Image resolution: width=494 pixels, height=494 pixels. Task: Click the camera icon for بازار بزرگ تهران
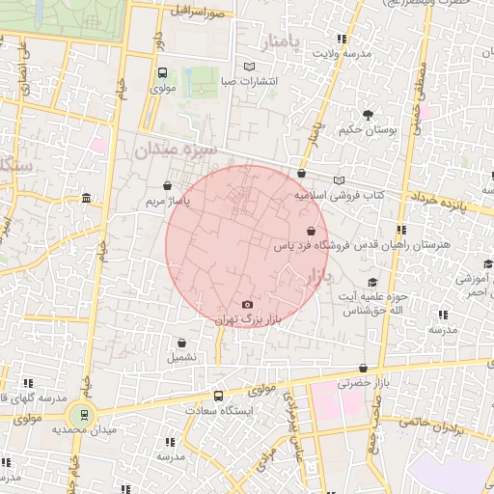click(247, 305)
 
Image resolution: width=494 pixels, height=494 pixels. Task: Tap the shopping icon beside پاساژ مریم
click(169, 186)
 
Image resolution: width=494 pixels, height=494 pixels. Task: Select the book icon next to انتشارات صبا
click(250, 67)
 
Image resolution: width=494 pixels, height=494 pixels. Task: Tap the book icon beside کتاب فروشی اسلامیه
click(338, 180)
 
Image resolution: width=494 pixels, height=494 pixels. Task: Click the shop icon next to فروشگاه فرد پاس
click(310, 232)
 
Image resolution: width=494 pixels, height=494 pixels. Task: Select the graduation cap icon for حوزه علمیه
click(372, 282)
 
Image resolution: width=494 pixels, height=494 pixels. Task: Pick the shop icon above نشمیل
click(182, 342)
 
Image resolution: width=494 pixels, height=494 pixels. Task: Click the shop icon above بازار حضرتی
click(363, 368)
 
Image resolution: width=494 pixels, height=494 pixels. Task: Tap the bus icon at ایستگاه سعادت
click(218, 396)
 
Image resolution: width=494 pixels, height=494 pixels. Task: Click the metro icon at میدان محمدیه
click(84, 415)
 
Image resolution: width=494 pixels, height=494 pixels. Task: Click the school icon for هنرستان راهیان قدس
click(401, 230)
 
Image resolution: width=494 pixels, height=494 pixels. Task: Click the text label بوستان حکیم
click(365, 129)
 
